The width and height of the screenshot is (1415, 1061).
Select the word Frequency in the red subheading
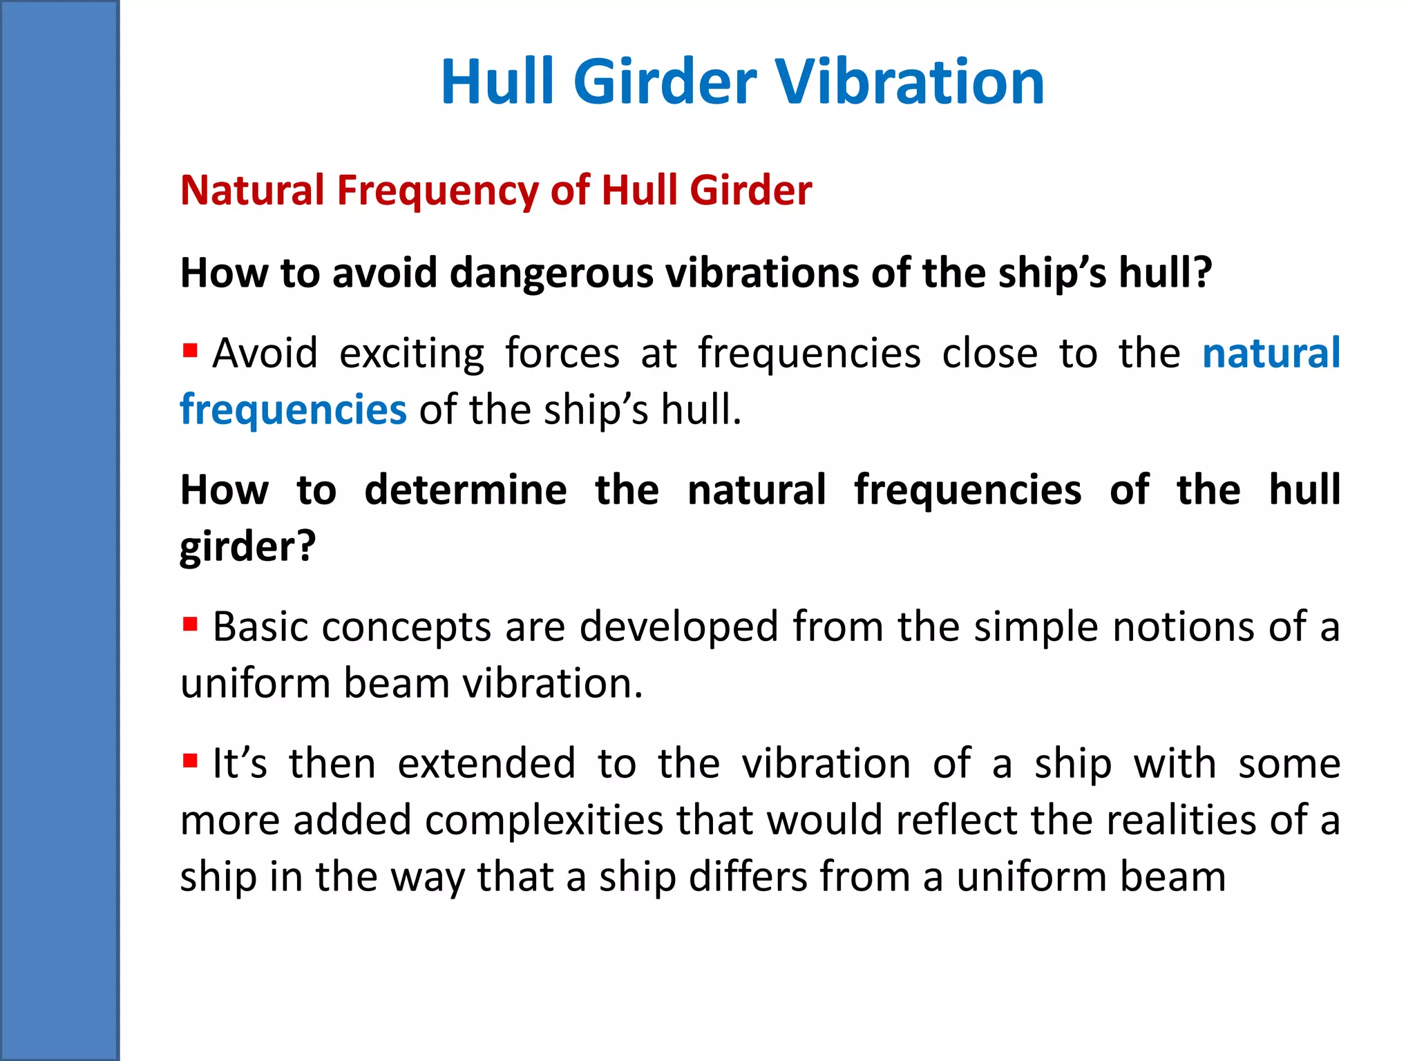point(437,191)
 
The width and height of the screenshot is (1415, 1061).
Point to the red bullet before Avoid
point(190,350)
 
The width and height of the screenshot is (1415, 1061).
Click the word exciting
point(412,354)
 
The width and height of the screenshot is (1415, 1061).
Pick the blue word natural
point(1271,353)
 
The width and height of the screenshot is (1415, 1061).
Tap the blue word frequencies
point(293,410)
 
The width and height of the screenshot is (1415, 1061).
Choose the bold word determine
point(466,490)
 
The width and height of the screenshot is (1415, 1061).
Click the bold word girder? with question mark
point(247,546)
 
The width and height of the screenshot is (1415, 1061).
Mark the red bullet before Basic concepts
point(190,624)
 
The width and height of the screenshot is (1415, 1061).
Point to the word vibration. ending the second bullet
point(552,683)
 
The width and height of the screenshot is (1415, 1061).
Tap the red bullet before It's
point(190,761)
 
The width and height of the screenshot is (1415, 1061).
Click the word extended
point(486,763)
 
